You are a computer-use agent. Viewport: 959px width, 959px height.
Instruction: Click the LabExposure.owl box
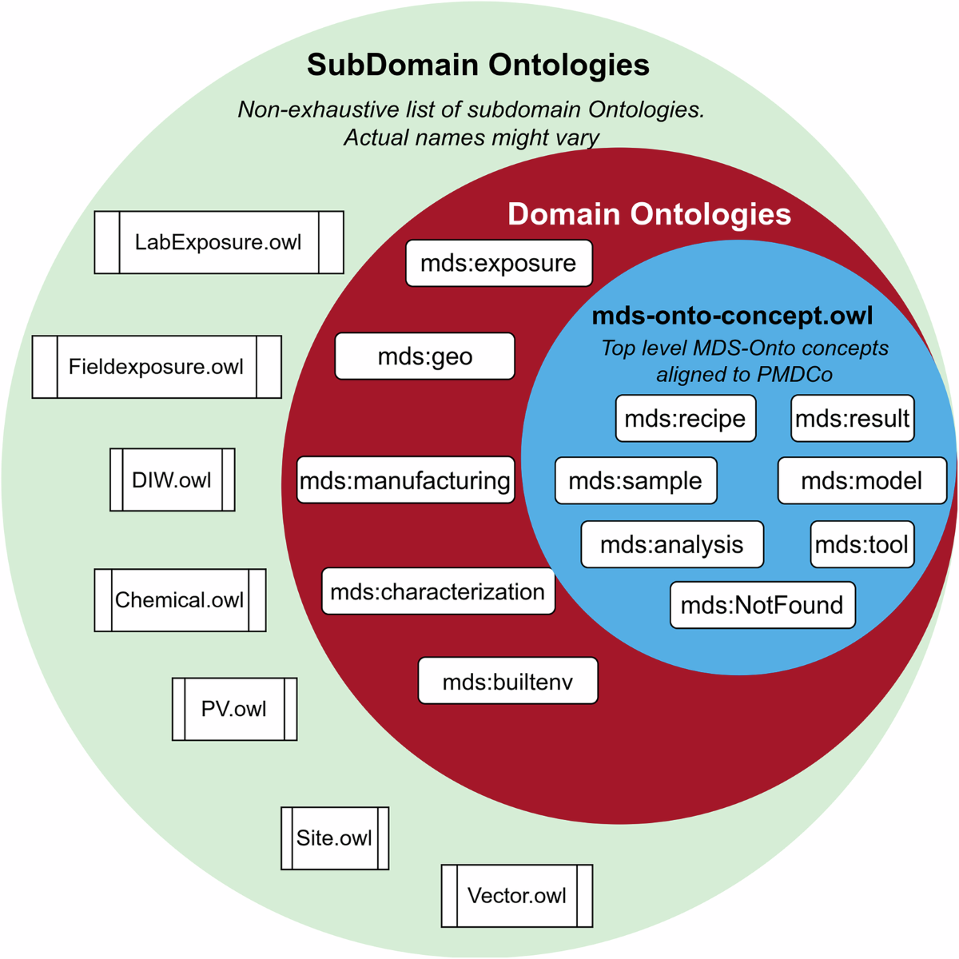click(219, 242)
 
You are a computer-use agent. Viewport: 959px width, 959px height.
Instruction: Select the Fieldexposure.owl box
click(157, 367)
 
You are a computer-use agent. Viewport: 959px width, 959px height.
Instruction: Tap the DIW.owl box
click(173, 479)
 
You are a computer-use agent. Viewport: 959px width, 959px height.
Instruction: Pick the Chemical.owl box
click(180, 600)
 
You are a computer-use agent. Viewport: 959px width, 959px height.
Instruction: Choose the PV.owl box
click(234, 709)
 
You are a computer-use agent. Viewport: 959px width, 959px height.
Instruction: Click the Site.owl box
click(335, 838)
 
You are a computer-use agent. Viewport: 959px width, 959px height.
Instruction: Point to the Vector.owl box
click(517, 896)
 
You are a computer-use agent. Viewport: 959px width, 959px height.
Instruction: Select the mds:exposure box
click(499, 263)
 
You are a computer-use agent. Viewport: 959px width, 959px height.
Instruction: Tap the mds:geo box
click(424, 356)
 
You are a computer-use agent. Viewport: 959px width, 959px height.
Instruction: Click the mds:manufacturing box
click(405, 480)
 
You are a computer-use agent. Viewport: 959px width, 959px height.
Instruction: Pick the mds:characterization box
click(438, 591)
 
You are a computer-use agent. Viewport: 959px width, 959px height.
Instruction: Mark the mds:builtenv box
click(507, 682)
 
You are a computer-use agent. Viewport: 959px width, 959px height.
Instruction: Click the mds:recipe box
click(685, 419)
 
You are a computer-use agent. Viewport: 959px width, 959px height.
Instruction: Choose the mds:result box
click(853, 419)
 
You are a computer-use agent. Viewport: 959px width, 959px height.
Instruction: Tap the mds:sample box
click(635, 480)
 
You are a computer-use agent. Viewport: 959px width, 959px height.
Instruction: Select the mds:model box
click(862, 480)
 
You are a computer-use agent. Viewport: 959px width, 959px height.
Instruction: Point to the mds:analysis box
click(672, 545)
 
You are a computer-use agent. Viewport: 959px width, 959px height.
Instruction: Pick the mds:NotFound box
click(762, 605)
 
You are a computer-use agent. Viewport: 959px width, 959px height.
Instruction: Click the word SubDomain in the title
click(392, 65)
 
